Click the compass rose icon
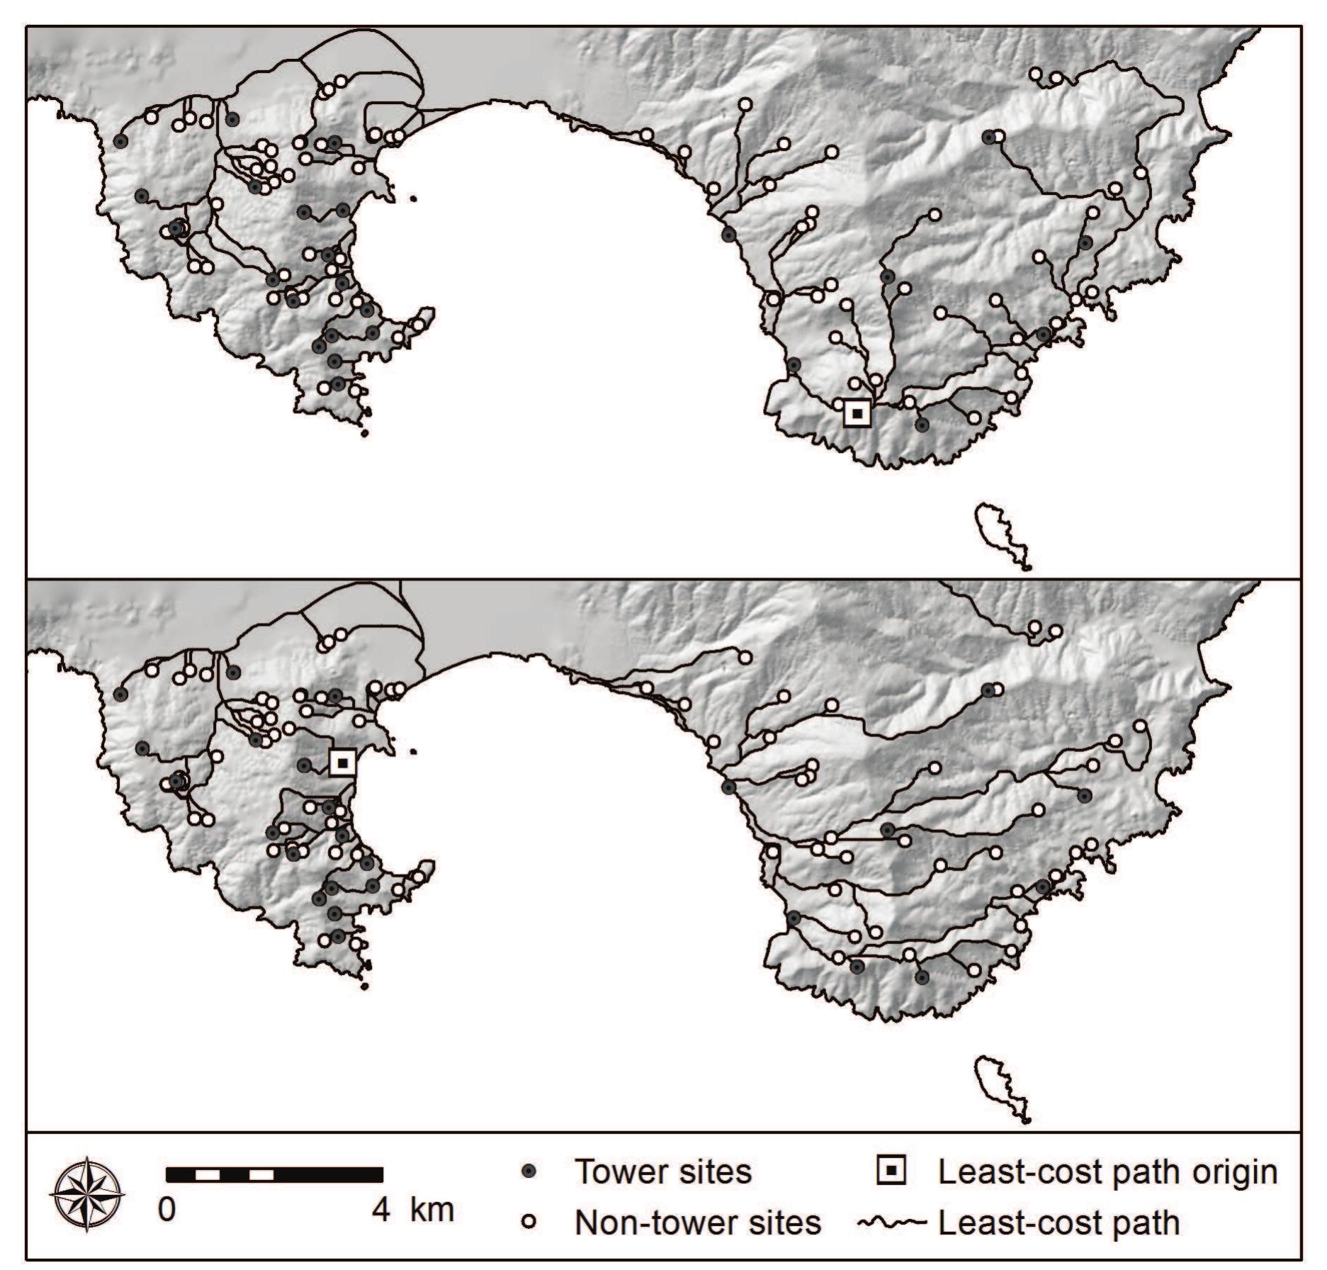pyautogui.click(x=87, y=1194)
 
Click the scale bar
pyautogui.click(x=274, y=1175)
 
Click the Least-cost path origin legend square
pyautogui.click(x=891, y=1171)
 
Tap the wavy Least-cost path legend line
pyautogui.click(x=892, y=1223)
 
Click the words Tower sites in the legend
pyautogui.click(x=662, y=1172)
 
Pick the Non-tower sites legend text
pyautogui.click(x=697, y=1223)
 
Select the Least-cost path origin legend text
pyautogui.click(x=1107, y=1172)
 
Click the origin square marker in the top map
pyautogui.click(x=857, y=412)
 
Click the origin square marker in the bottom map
pyautogui.click(x=343, y=763)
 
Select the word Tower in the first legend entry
pyautogui.click(x=616, y=1172)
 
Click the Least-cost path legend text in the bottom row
pyautogui.click(x=1058, y=1223)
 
